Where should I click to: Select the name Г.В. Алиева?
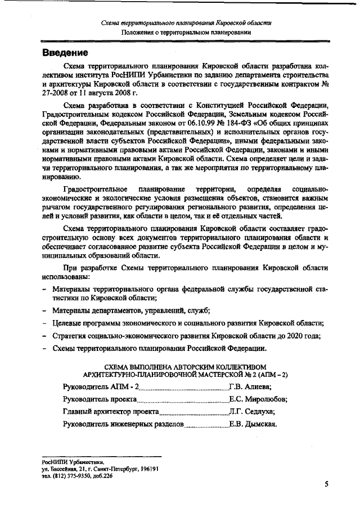(250, 387)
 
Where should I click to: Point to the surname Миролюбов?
(265, 399)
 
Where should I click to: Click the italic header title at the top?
(186, 23)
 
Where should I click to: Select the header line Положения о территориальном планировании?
(186, 33)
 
